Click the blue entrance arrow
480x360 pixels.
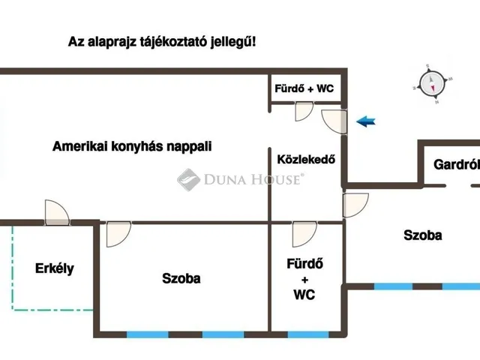[366, 121]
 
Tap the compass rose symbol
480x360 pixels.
[432, 84]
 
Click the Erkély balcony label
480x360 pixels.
[55, 268]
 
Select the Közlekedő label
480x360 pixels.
[306, 159]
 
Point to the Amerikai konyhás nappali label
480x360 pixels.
[132, 146]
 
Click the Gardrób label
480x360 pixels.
[457, 165]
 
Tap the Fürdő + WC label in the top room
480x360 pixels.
[304, 88]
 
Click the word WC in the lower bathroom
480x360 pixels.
[304, 295]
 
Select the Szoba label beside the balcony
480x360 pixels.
[181, 278]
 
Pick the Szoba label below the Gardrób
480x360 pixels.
[422, 235]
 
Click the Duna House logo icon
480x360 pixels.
[188, 180]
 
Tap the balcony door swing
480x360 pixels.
[57, 212]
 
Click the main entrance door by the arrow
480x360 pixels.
[334, 121]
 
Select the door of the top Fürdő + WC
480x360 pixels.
[304, 112]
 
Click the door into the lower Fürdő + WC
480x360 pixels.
[304, 234]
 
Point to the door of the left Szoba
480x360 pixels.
[118, 234]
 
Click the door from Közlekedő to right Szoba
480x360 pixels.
[355, 205]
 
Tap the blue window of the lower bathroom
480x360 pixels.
[308, 334]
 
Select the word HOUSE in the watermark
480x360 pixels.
[277, 179]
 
